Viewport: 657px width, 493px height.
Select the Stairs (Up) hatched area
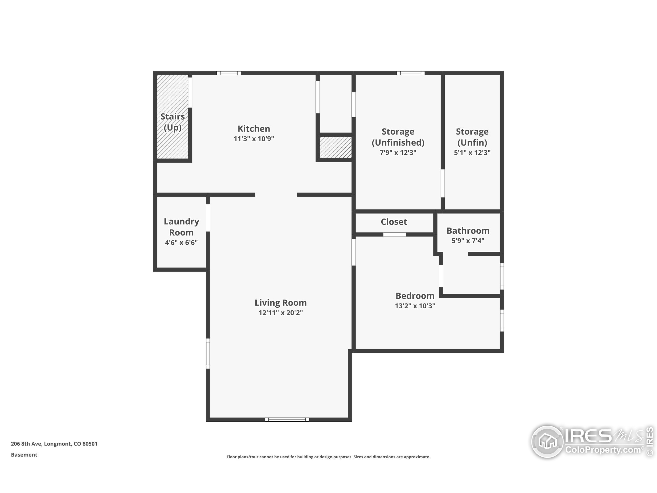[x=172, y=117]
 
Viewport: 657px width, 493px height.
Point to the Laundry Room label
[x=181, y=227]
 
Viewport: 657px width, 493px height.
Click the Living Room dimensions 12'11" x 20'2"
[x=281, y=313]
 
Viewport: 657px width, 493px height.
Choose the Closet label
[x=394, y=222]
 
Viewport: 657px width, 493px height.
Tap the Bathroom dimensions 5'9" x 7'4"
[x=468, y=241]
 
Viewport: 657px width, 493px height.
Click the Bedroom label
[x=415, y=296]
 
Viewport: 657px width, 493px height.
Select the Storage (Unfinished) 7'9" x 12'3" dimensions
[x=398, y=153]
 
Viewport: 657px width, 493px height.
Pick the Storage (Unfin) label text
[x=472, y=137]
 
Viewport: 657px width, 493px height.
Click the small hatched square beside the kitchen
[x=335, y=147]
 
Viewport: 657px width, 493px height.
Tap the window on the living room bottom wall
[x=287, y=420]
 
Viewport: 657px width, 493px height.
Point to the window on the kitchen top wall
[x=229, y=73]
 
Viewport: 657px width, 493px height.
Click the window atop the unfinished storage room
[x=411, y=73]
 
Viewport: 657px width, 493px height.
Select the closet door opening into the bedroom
[x=394, y=234]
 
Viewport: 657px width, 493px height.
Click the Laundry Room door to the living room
[x=208, y=218]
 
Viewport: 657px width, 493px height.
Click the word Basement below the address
[x=24, y=455]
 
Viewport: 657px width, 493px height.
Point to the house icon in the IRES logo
[x=547, y=442]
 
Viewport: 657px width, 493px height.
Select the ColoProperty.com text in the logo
[x=603, y=450]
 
